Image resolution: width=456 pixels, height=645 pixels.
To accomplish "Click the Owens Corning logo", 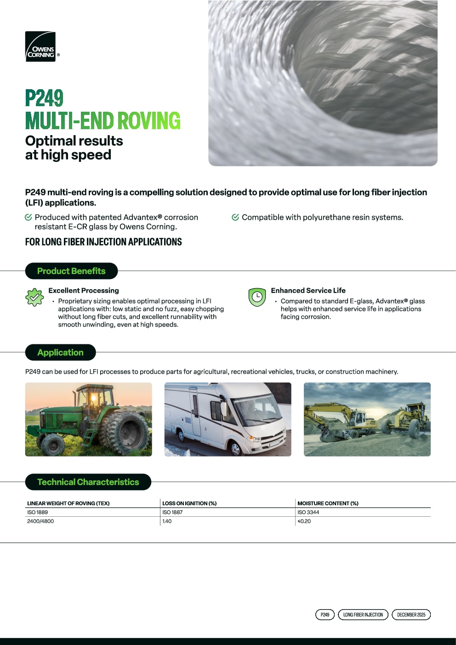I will tap(40, 47).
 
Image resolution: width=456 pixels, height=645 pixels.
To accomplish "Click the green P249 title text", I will tap(44, 98).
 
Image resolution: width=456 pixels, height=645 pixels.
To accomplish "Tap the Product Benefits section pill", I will tap(71, 271).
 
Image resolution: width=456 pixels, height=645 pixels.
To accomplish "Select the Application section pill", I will tap(60, 353).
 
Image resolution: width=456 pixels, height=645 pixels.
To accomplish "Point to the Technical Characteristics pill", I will tap(88, 482).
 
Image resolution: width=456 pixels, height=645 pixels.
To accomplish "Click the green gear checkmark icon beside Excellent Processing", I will tap(34, 297).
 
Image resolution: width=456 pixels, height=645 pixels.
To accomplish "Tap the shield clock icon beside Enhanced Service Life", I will tap(257, 297).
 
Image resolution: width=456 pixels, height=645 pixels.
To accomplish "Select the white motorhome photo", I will tap(228, 419).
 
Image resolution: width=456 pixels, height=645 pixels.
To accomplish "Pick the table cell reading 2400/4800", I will tap(40, 521).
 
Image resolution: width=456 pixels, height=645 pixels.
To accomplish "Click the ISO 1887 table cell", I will tap(172, 512).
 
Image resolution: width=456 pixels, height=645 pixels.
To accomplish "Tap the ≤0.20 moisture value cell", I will tap(304, 521).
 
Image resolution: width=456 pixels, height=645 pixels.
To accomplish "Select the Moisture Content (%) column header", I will tap(328, 503).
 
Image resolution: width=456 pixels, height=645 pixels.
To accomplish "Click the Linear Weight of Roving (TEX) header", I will tap(68, 503).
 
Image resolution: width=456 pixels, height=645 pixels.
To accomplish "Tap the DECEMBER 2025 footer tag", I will tap(411, 615).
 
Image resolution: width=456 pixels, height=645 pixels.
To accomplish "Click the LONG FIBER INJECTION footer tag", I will tap(363, 615).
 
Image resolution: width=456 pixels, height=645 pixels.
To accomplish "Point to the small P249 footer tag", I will tap(325, 615).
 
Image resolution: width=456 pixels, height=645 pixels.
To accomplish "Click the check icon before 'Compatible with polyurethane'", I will tap(235, 217).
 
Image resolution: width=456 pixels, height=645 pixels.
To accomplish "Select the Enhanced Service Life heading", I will tap(308, 291).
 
